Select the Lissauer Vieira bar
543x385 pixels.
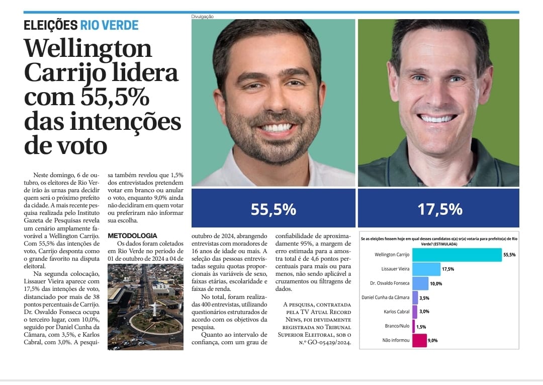[426, 269]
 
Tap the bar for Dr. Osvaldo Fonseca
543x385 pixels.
[420, 283]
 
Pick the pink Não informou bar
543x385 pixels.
[419, 341]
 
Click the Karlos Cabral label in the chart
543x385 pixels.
[397, 312]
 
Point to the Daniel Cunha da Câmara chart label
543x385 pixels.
[386, 297]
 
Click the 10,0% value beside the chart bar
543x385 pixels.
[436, 284]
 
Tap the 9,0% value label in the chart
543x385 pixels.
[433, 341]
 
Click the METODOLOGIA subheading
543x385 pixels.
[132, 236]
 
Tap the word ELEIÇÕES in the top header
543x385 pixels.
[50, 25]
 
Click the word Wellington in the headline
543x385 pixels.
[88, 49]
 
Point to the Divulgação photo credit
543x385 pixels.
[202, 17]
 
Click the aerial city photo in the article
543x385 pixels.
[138, 306]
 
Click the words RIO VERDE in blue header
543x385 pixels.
[109, 25]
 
